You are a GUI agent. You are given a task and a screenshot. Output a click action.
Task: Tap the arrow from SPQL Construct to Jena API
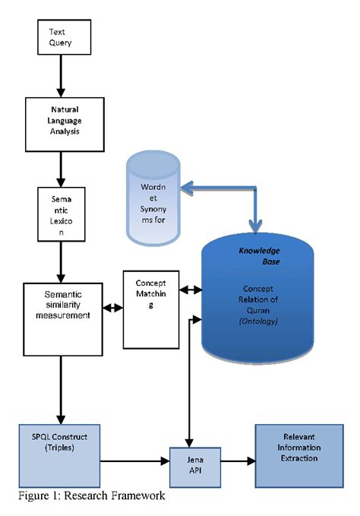[133, 461]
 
